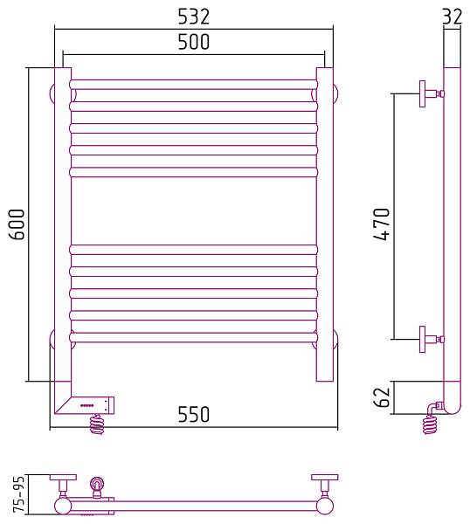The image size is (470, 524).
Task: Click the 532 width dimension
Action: [x=194, y=17]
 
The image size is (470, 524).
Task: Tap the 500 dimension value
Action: [x=194, y=42]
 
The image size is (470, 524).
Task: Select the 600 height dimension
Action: [x=17, y=224]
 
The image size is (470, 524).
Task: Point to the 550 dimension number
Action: [x=194, y=414]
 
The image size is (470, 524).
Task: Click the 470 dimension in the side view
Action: [x=382, y=224]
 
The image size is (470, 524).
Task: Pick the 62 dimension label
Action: [x=382, y=397]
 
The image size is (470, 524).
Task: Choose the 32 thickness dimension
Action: [x=452, y=17]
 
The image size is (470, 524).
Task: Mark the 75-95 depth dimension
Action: [x=18, y=494]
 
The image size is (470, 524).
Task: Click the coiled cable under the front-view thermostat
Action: [x=97, y=424]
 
